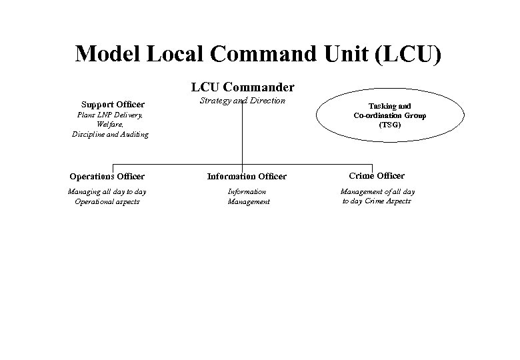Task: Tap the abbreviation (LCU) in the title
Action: point(408,53)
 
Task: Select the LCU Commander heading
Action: point(243,87)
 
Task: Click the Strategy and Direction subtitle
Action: point(243,101)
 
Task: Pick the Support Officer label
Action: point(113,104)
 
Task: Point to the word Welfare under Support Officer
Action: point(109,124)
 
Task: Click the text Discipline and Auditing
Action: point(110,134)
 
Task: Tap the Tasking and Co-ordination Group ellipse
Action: point(390,115)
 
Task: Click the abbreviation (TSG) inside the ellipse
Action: point(390,125)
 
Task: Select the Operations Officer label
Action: point(107,177)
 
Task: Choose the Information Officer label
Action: point(247,177)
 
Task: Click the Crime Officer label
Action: point(377,176)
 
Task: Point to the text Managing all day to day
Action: point(107,192)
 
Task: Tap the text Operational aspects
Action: point(107,201)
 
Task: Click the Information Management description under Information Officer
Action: point(248,197)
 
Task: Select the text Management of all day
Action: point(377,192)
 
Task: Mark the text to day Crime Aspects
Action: point(377,201)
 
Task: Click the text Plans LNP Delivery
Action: point(109,115)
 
